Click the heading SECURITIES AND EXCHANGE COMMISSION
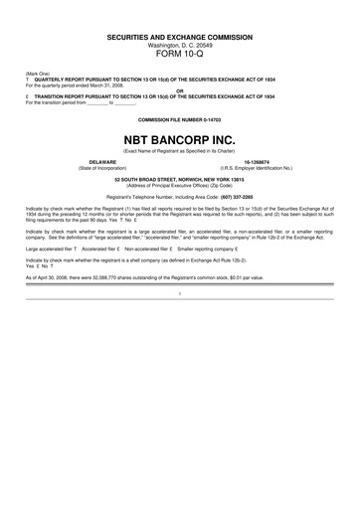(x=180, y=37)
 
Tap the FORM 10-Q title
(x=180, y=55)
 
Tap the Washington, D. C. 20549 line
(x=180, y=45)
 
